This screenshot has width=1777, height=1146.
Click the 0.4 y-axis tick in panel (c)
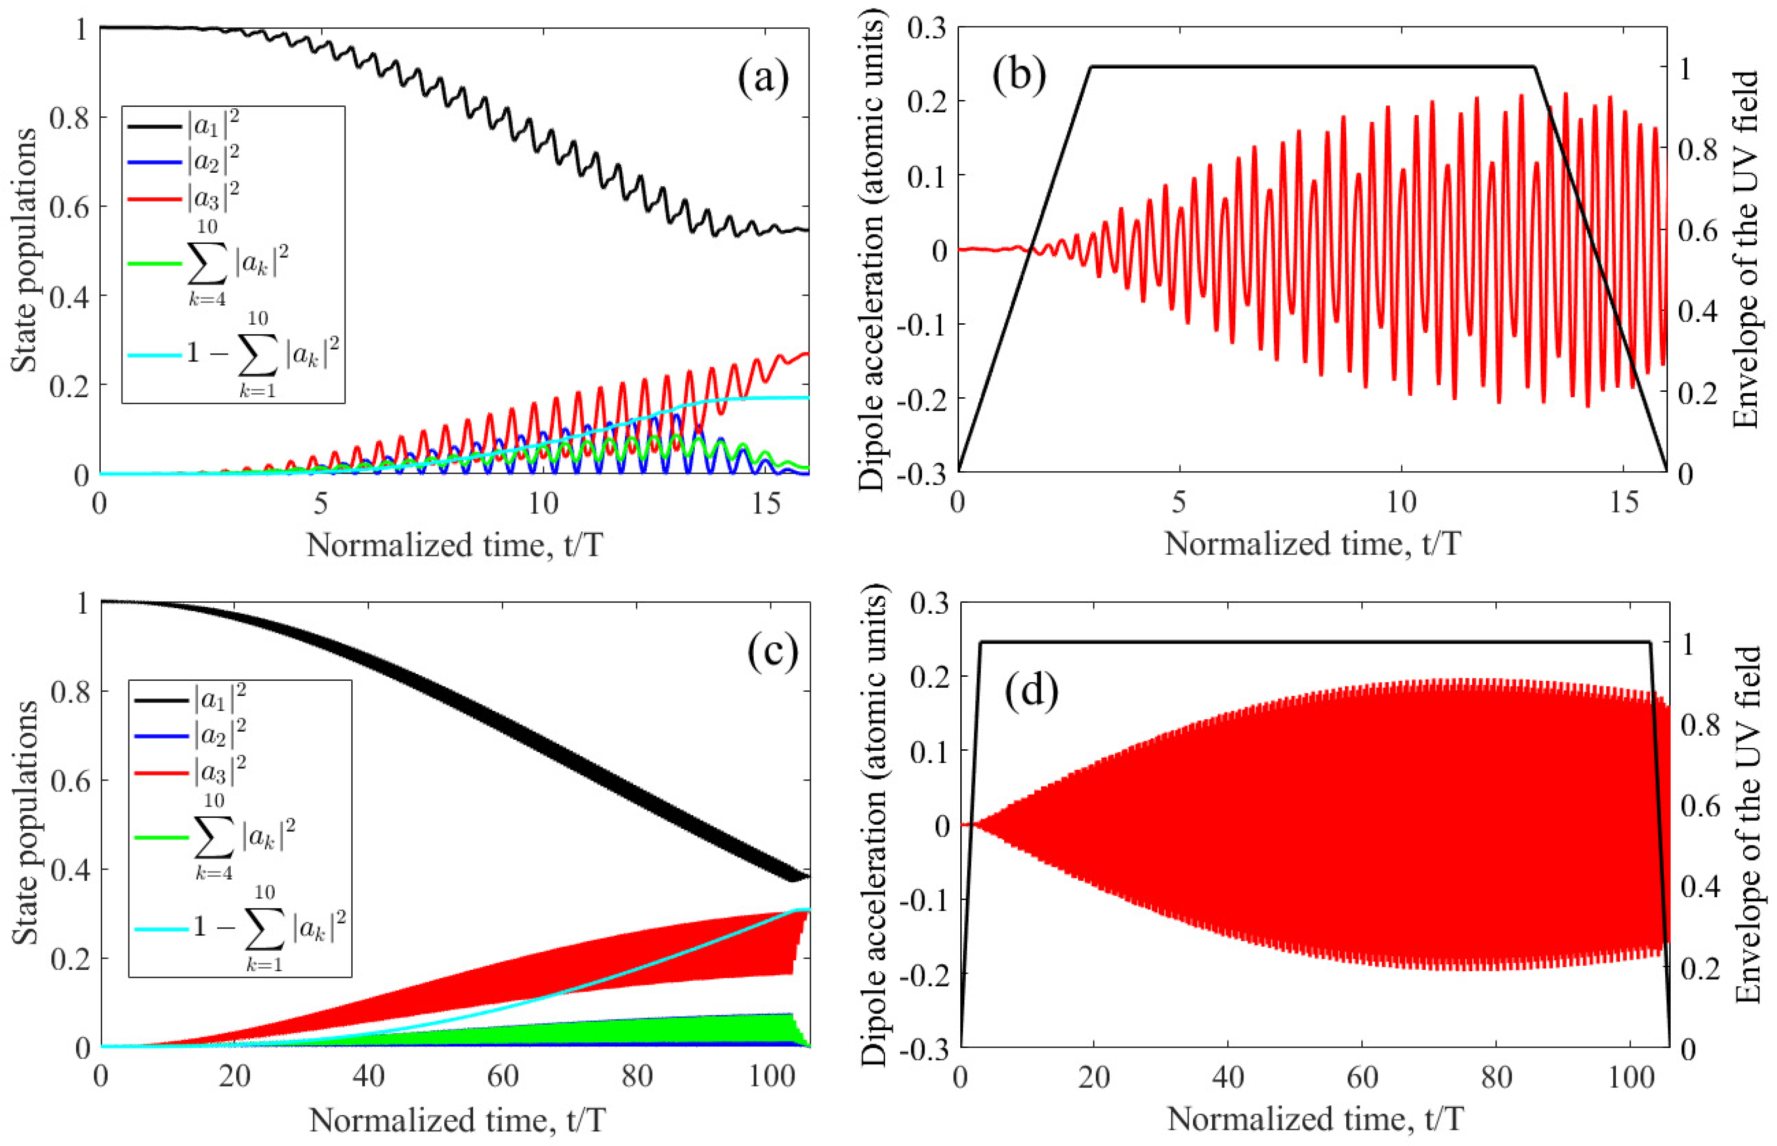coord(69,869)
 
